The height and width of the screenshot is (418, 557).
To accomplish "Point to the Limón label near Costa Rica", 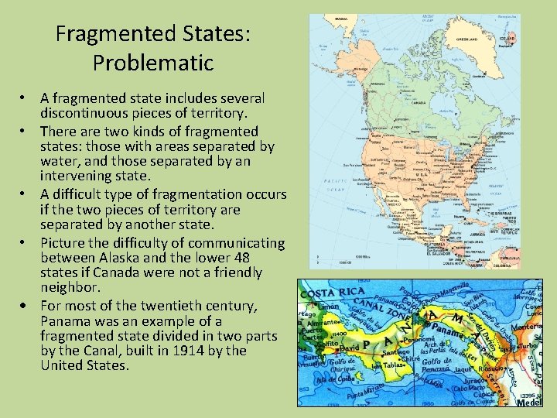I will [319, 308].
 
